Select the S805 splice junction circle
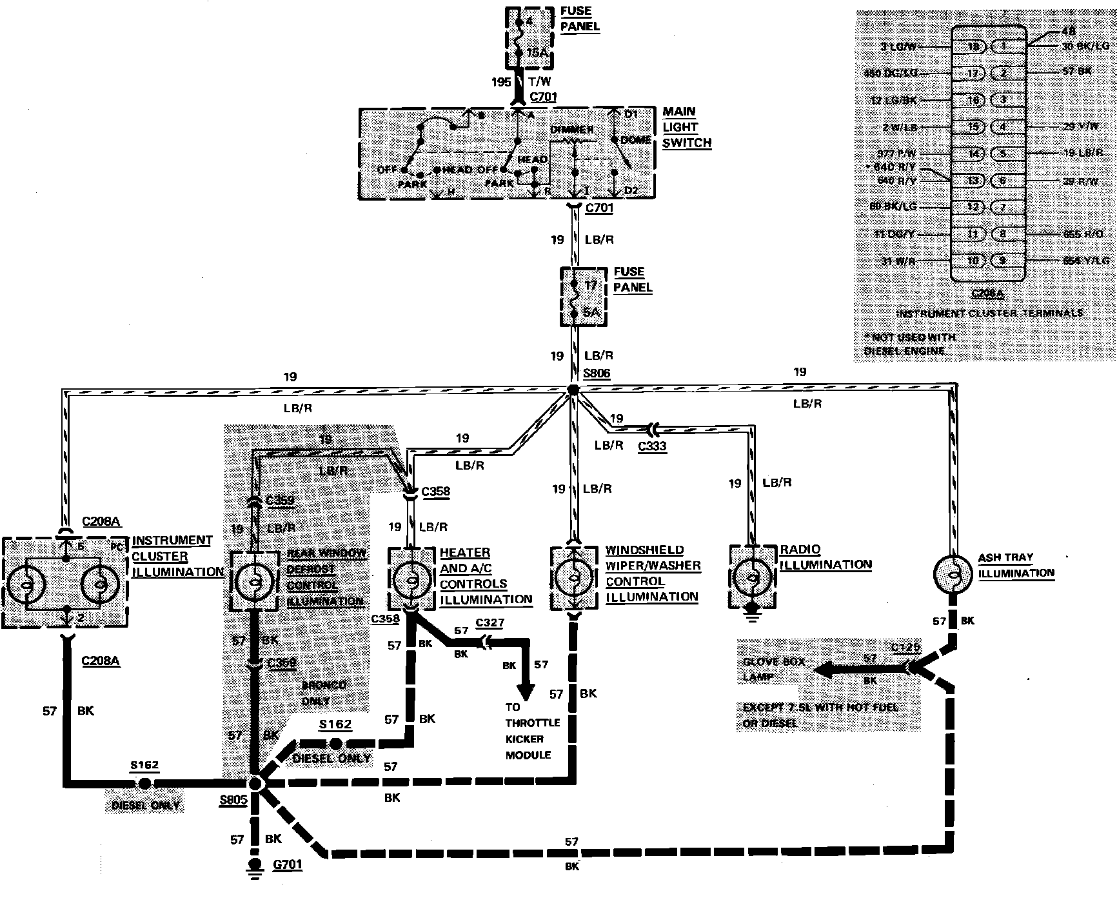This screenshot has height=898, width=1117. pos(255,784)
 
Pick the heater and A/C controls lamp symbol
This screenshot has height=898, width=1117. pos(410,579)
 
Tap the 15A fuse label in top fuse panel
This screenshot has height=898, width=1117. pos(536,53)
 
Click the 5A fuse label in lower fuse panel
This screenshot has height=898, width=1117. pos(591,313)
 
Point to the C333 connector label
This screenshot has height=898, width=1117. pos(652,446)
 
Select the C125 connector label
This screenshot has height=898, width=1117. pos(906,648)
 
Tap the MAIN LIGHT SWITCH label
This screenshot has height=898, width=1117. pos(686,127)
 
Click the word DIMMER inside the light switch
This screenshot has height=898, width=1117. pos(571,130)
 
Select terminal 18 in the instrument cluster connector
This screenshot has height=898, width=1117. pos(974,46)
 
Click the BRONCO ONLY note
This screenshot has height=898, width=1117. pos(324,693)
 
